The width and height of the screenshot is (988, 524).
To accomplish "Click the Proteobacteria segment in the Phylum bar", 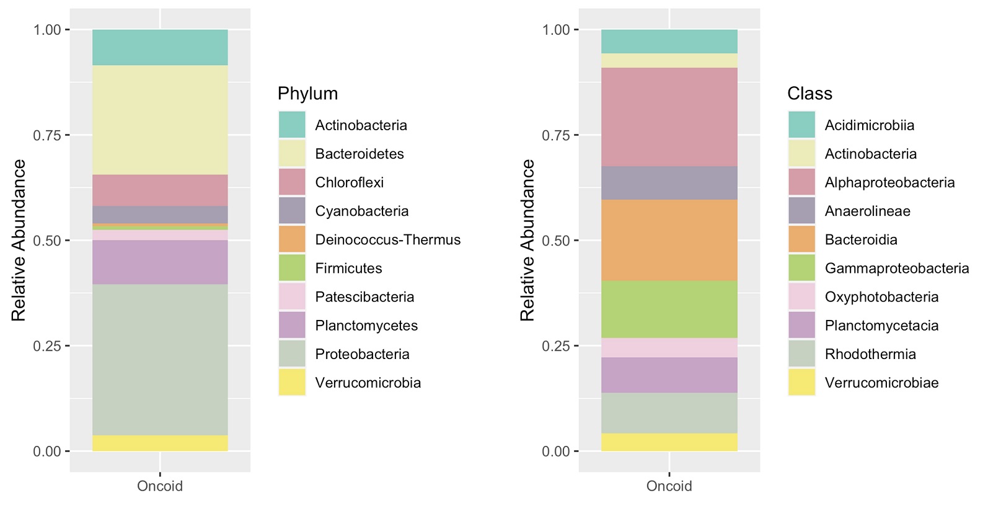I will (160, 360).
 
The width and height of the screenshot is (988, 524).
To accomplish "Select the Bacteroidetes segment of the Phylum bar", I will (160, 120).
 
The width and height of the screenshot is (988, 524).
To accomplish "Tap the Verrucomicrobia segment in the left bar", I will (160, 443).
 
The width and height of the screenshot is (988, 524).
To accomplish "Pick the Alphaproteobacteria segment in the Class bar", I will (669, 117).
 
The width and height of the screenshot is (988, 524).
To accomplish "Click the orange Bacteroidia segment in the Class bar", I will (669, 240).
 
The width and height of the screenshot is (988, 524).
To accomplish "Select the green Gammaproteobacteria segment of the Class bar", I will (669, 309).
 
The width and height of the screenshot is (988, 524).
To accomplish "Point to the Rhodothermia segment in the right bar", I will (669, 412).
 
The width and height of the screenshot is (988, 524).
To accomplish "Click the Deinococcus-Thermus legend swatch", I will (292, 239).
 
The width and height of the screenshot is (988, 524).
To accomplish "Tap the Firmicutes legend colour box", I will (292, 268).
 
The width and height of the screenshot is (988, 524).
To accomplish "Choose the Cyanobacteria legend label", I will (362, 211).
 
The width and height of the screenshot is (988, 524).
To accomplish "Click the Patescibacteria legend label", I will (364, 296).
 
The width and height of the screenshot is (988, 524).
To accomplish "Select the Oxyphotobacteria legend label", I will (881, 296).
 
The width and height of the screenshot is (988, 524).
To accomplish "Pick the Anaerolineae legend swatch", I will (801, 211).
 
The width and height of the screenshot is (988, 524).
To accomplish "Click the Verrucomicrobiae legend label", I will (881, 383).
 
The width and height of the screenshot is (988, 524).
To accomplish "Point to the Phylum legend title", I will (307, 94).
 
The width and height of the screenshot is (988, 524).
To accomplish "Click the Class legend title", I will (809, 94).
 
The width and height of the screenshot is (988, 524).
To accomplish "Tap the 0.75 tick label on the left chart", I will (47, 135).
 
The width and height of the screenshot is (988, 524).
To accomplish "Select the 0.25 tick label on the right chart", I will (556, 346).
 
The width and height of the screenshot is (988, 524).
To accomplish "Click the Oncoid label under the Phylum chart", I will (160, 486).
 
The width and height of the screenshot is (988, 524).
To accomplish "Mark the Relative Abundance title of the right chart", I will (527, 240).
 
